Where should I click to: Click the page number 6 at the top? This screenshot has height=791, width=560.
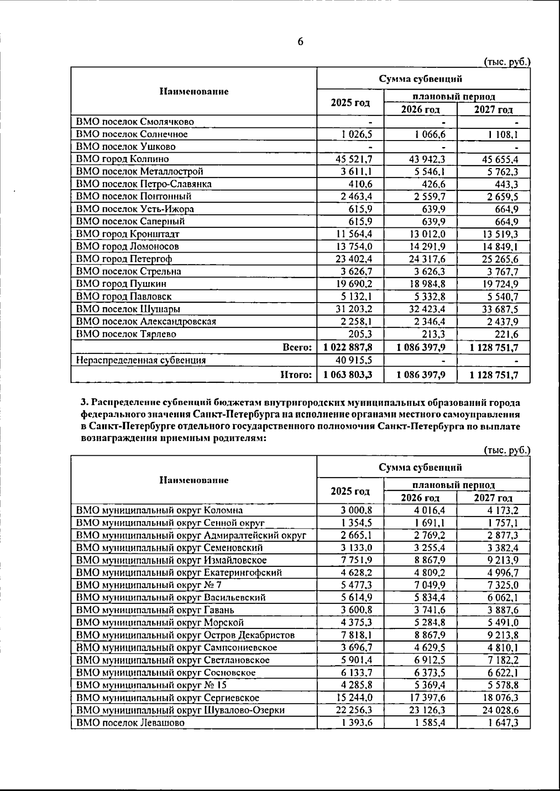(301, 42)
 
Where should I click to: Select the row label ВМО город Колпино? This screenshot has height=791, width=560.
(122, 159)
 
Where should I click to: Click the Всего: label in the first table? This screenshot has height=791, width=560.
(297, 347)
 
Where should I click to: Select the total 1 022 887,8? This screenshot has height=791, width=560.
(348, 347)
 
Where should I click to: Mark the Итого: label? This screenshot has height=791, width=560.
(296, 374)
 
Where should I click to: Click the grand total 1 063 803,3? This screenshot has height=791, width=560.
(348, 374)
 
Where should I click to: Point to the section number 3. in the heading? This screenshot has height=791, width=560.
(84, 403)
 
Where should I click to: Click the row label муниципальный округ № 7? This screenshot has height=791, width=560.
(145, 585)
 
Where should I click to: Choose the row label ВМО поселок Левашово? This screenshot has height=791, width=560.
(130, 723)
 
